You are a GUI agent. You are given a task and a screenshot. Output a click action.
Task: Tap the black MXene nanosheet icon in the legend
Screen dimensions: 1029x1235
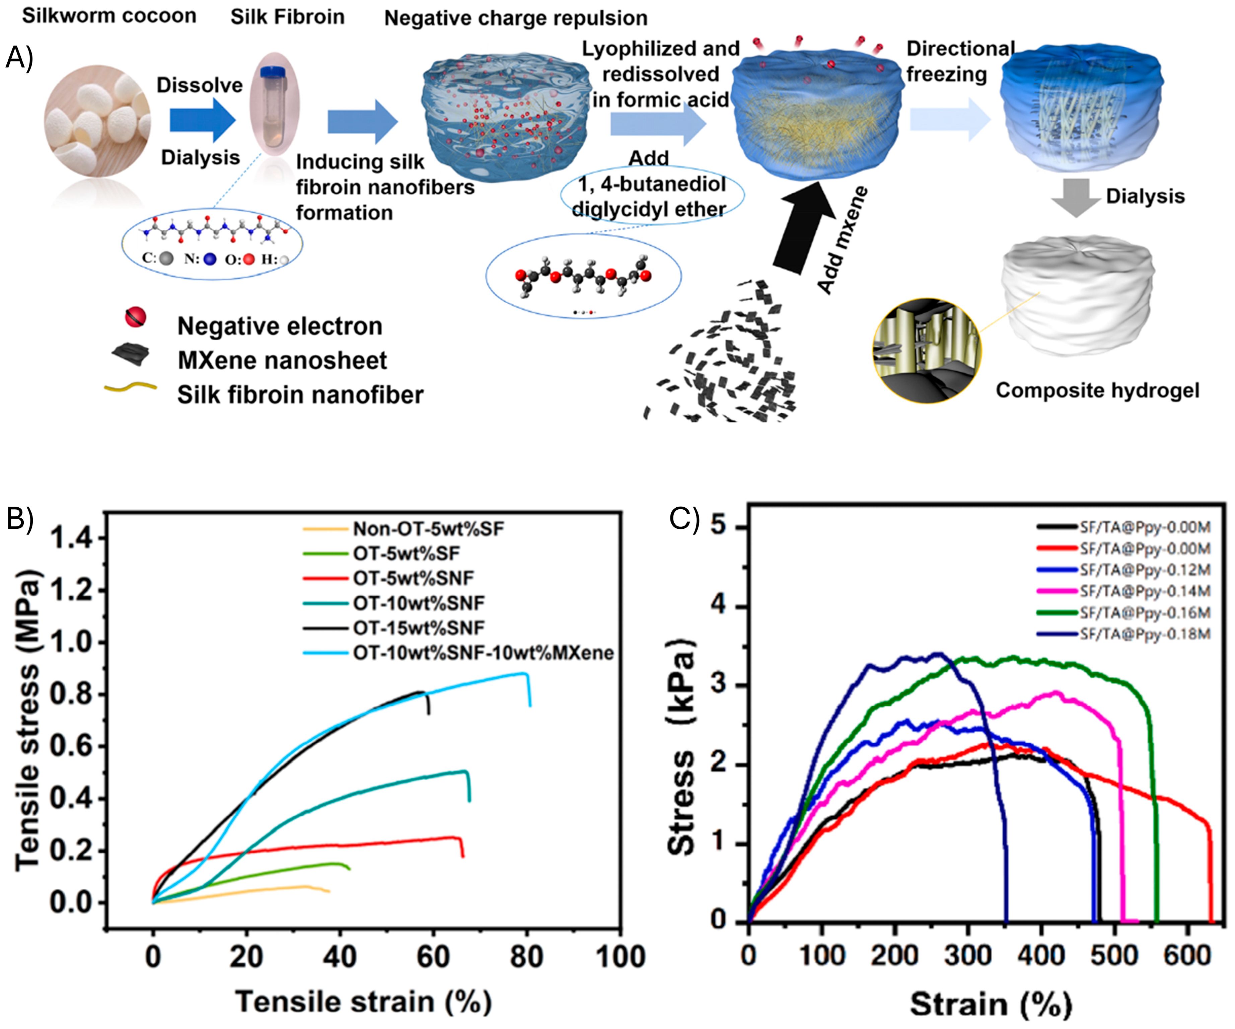click(131, 355)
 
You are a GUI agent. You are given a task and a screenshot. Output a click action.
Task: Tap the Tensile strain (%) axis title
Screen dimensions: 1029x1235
click(363, 1001)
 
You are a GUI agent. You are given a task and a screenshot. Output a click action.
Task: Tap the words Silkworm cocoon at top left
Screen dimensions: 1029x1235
click(110, 16)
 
